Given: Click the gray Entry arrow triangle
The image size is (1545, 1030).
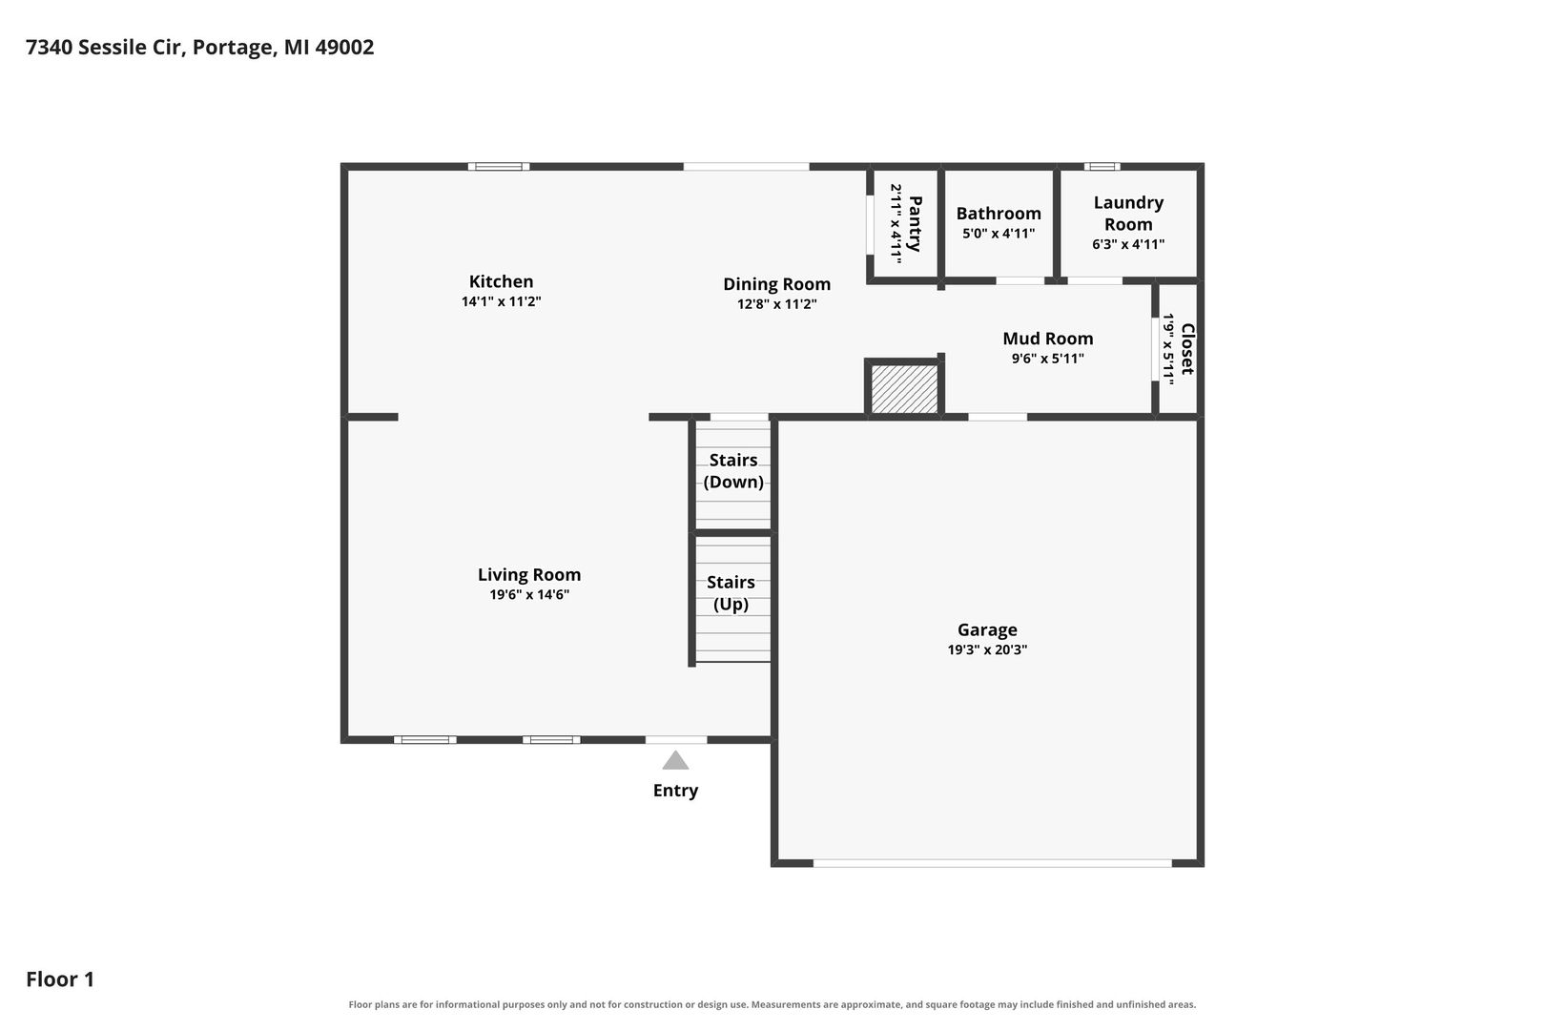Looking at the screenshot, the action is pyautogui.click(x=675, y=760).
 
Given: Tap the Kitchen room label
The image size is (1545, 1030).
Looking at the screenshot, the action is pyautogui.click(x=501, y=281).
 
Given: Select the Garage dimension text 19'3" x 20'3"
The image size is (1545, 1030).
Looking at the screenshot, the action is pyautogui.click(x=987, y=649).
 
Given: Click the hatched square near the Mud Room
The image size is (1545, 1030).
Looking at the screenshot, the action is pyautogui.click(x=904, y=389).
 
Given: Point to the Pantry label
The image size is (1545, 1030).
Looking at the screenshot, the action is pyautogui.click(x=916, y=223).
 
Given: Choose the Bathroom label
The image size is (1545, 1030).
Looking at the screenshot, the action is pyautogui.click(x=998, y=214).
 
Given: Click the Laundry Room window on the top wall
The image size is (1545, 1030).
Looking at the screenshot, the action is pyautogui.click(x=1102, y=166).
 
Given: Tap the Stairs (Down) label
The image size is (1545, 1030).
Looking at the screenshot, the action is pyautogui.click(x=733, y=470).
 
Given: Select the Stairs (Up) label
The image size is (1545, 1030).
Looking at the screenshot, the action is pyautogui.click(x=731, y=592).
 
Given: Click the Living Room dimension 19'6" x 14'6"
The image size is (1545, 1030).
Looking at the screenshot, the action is pyautogui.click(x=529, y=595).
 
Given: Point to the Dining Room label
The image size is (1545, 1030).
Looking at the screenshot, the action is pyautogui.click(x=776, y=284).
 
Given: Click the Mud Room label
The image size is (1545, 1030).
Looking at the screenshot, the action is pyautogui.click(x=1048, y=339).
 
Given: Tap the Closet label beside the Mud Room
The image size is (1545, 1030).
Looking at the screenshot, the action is pyautogui.click(x=1187, y=349).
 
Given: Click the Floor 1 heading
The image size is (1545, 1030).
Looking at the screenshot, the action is pyautogui.click(x=60, y=978).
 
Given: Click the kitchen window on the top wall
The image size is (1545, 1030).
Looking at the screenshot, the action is pyautogui.click(x=499, y=166).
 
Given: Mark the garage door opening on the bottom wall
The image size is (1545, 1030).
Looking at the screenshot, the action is pyautogui.click(x=993, y=863).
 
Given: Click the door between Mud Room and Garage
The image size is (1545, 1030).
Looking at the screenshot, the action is pyautogui.click(x=998, y=417).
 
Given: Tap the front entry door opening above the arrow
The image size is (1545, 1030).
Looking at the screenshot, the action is pyautogui.click(x=676, y=739).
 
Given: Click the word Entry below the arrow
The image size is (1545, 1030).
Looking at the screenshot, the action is pyautogui.click(x=675, y=791).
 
